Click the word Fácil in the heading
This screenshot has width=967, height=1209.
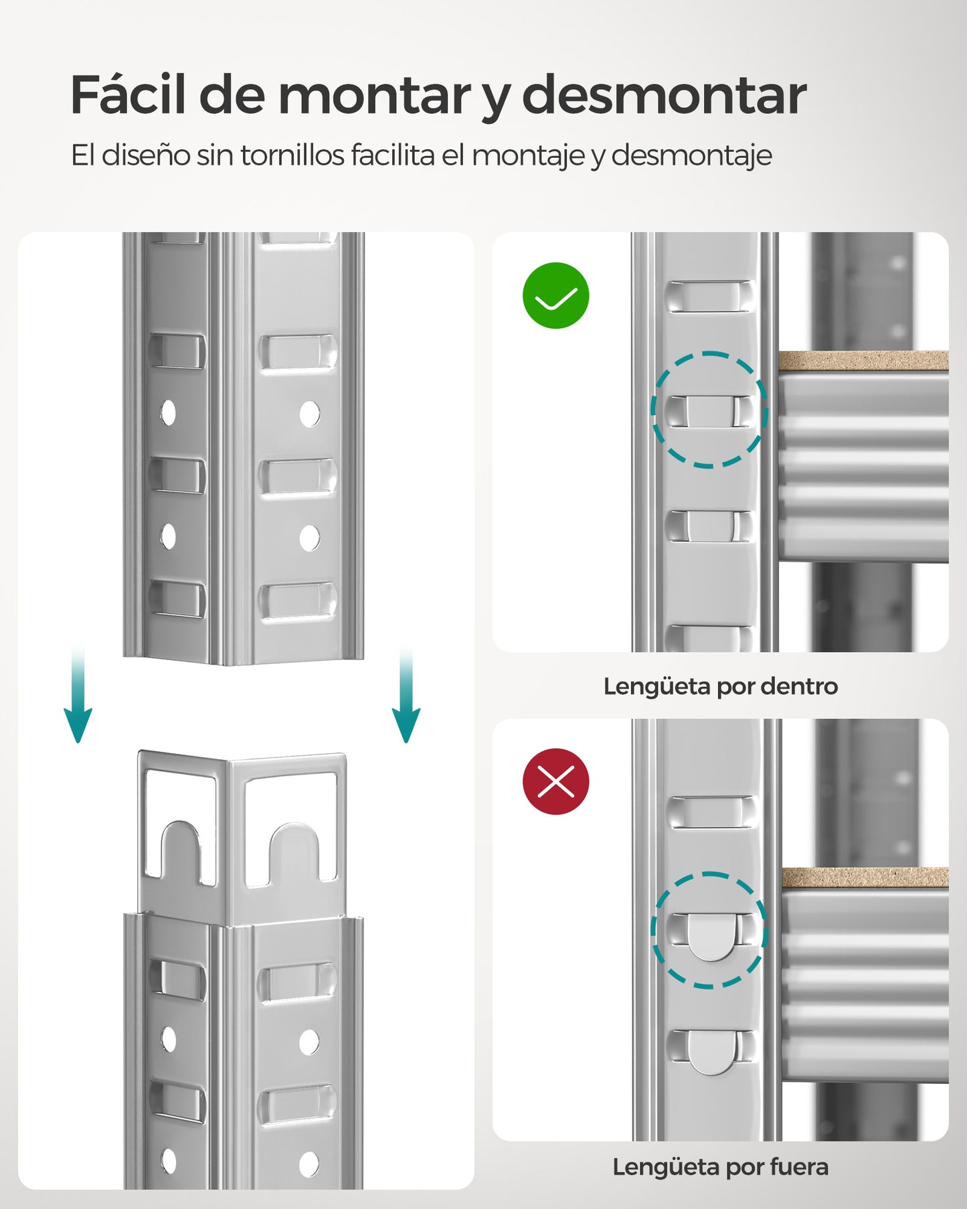click(x=127, y=96)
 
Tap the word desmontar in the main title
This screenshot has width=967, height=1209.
click(x=664, y=96)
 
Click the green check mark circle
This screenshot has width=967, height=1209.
click(x=555, y=295)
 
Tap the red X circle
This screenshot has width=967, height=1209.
click(x=555, y=781)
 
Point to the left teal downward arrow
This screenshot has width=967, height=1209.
click(x=78, y=696)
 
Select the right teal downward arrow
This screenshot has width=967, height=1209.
click(x=406, y=696)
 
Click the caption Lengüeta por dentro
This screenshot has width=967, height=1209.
click(x=720, y=686)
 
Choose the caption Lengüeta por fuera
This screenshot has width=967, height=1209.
click(x=720, y=1167)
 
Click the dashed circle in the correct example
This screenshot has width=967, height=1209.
click(x=709, y=409)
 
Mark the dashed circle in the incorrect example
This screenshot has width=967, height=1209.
click(x=709, y=930)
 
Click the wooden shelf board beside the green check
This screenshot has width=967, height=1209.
click(x=863, y=361)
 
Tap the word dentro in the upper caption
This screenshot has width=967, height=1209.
click(x=799, y=686)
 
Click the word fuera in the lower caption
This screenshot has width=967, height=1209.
click(x=799, y=1167)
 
